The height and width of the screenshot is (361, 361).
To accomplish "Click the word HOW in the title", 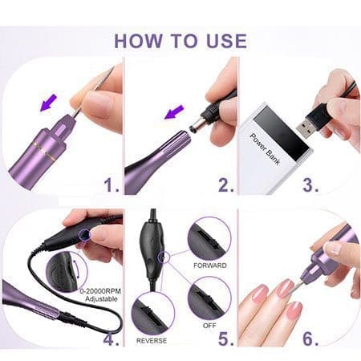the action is pos(138,41).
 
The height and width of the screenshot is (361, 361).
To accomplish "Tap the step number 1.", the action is pos(111,185).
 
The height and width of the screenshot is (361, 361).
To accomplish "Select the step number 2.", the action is pos(226,185).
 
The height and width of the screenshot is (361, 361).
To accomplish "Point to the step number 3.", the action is pos(310,185).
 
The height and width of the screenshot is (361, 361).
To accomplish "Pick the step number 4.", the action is pos(111,339).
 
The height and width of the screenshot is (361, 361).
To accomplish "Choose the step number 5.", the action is pos(226,339).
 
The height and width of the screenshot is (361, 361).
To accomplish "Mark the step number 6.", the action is pos(310,339).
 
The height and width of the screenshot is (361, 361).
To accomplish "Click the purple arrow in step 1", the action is pos(48,103).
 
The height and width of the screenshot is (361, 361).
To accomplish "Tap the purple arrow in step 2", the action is pos(174,112).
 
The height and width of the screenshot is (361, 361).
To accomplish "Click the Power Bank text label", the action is pos(265,148).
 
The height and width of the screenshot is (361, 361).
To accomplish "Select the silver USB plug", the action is pos(306,128).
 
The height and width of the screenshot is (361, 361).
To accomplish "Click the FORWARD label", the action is pos(210,266).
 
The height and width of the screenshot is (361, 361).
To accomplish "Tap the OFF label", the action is pos(209,326).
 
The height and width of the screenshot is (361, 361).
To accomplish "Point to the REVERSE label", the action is pos(152,341).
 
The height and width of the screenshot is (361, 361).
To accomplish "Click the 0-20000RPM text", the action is pos(100,291).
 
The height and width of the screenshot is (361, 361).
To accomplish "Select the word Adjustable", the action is pos(101,298).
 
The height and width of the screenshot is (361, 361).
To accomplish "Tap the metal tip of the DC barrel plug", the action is pos(196,125).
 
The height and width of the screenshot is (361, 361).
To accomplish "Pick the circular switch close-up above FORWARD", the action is pos(209,239).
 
